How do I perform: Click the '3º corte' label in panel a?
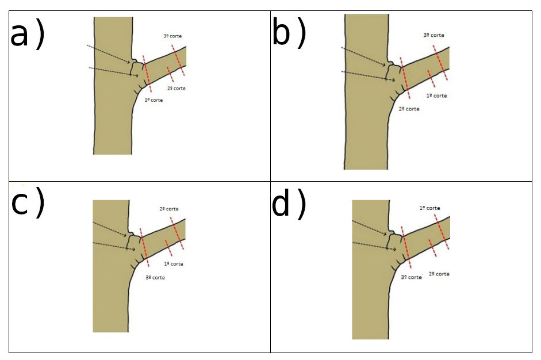(172, 36)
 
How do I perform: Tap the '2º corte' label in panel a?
(177, 89)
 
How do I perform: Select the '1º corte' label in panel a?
(154, 100)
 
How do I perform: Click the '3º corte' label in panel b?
(433, 35)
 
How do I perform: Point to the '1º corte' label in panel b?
(436, 95)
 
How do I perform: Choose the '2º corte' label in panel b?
(409, 109)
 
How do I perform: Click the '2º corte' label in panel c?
(168, 209)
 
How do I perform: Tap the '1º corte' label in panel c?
(174, 264)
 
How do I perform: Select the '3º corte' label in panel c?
(155, 278)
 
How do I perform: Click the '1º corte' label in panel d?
(429, 208)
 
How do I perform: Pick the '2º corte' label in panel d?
(439, 274)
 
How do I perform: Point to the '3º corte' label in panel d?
(411, 277)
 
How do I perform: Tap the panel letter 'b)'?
(289, 33)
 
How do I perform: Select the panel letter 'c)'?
(28, 204)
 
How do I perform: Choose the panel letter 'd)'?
(289, 204)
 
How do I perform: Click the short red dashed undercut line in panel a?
(170, 74)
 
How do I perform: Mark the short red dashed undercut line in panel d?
(432, 248)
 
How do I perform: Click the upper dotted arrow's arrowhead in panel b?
(383, 64)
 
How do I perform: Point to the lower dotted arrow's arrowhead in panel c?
(134, 249)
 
